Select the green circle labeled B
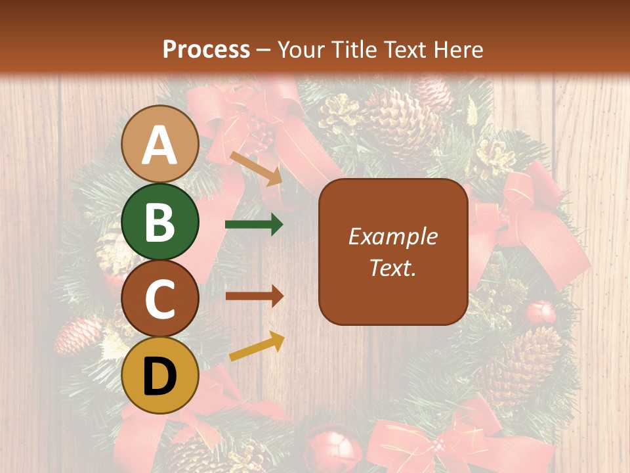[159, 221]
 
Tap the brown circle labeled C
[159, 298]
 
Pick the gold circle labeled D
[159, 375]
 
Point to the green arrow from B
[254, 225]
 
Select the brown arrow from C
[254, 296]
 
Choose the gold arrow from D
[257, 346]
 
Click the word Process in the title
[206, 49]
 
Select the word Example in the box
[392, 236]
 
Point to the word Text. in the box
[392, 267]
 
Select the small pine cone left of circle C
[77, 335]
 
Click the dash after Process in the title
[263, 50]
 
